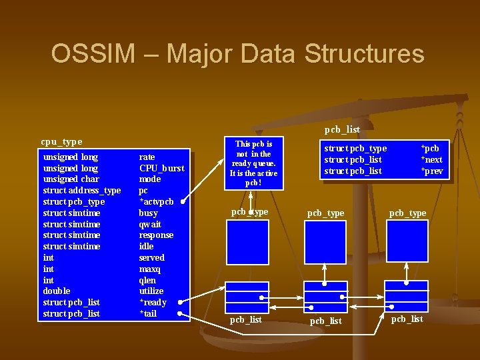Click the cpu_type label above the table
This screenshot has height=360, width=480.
pyautogui.click(x=61, y=141)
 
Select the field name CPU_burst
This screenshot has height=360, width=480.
pyautogui.click(x=161, y=168)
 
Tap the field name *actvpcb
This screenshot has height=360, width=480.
pyautogui.click(x=156, y=202)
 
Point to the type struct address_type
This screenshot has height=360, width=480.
pyautogui.click(x=82, y=191)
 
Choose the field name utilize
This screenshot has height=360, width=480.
pyautogui.click(x=151, y=291)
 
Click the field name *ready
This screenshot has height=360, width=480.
pyautogui.click(x=152, y=303)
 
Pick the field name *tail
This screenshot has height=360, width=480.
pyautogui.click(x=147, y=313)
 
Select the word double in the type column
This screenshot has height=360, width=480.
pyautogui.click(x=57, y=291)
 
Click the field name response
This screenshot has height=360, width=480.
pyautogui.click(x=156, y=235)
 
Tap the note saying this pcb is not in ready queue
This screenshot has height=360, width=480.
pyautogui.click(x=253, y=163)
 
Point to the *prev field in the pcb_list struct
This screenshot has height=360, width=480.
pyautogui.click(x=431, y=171)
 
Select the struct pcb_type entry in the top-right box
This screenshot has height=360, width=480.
pyautogui.click(x=355, y=149)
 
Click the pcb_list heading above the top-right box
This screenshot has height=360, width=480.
pyautogui.click(x=342, y=129)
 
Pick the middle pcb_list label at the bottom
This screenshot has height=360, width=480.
pyautogui.click(x=326, y=321)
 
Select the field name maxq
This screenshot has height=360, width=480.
pyautogui.click(x=149, y=269)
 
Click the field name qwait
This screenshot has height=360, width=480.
pyautogui.click(x=150, y=225)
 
